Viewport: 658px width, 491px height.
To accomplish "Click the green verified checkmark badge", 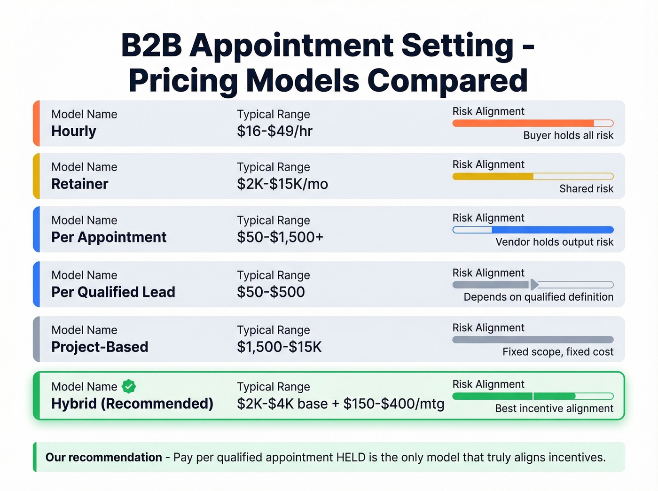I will click(x=129, y=386).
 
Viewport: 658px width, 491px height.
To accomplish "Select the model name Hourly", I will click(x=74, y=131).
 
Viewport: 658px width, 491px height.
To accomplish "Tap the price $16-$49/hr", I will click(x=274, y=131).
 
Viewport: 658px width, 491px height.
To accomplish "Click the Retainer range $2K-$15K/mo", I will click(x=282, y=184).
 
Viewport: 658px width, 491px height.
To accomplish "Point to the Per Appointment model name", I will click(x=109, y=237).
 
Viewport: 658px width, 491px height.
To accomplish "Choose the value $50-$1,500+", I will click(x=280, y=237).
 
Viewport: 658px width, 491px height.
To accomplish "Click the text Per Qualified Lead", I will click(x=113, y=292).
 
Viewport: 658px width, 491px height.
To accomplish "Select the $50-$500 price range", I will click(x=271, y=292).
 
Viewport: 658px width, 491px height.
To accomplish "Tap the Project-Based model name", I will click(x=100, y=347).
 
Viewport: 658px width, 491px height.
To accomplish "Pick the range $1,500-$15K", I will click(x=279, y=347).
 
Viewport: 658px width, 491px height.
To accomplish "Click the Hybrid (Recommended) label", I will click(x=132, y=404).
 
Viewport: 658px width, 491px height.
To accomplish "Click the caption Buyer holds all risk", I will click(x=568, y=136).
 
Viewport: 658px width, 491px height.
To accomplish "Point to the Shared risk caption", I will click(x=586, y=189).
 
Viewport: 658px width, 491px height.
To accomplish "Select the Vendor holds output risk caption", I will click(x=554, y=242).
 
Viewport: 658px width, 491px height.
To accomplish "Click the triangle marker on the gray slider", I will click(x=534, y=284).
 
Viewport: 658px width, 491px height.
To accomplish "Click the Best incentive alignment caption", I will click(x=554, y=409).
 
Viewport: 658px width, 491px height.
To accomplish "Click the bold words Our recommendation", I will click(x=103, y=457).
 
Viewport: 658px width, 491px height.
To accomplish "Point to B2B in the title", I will click(x=151, y=46).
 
